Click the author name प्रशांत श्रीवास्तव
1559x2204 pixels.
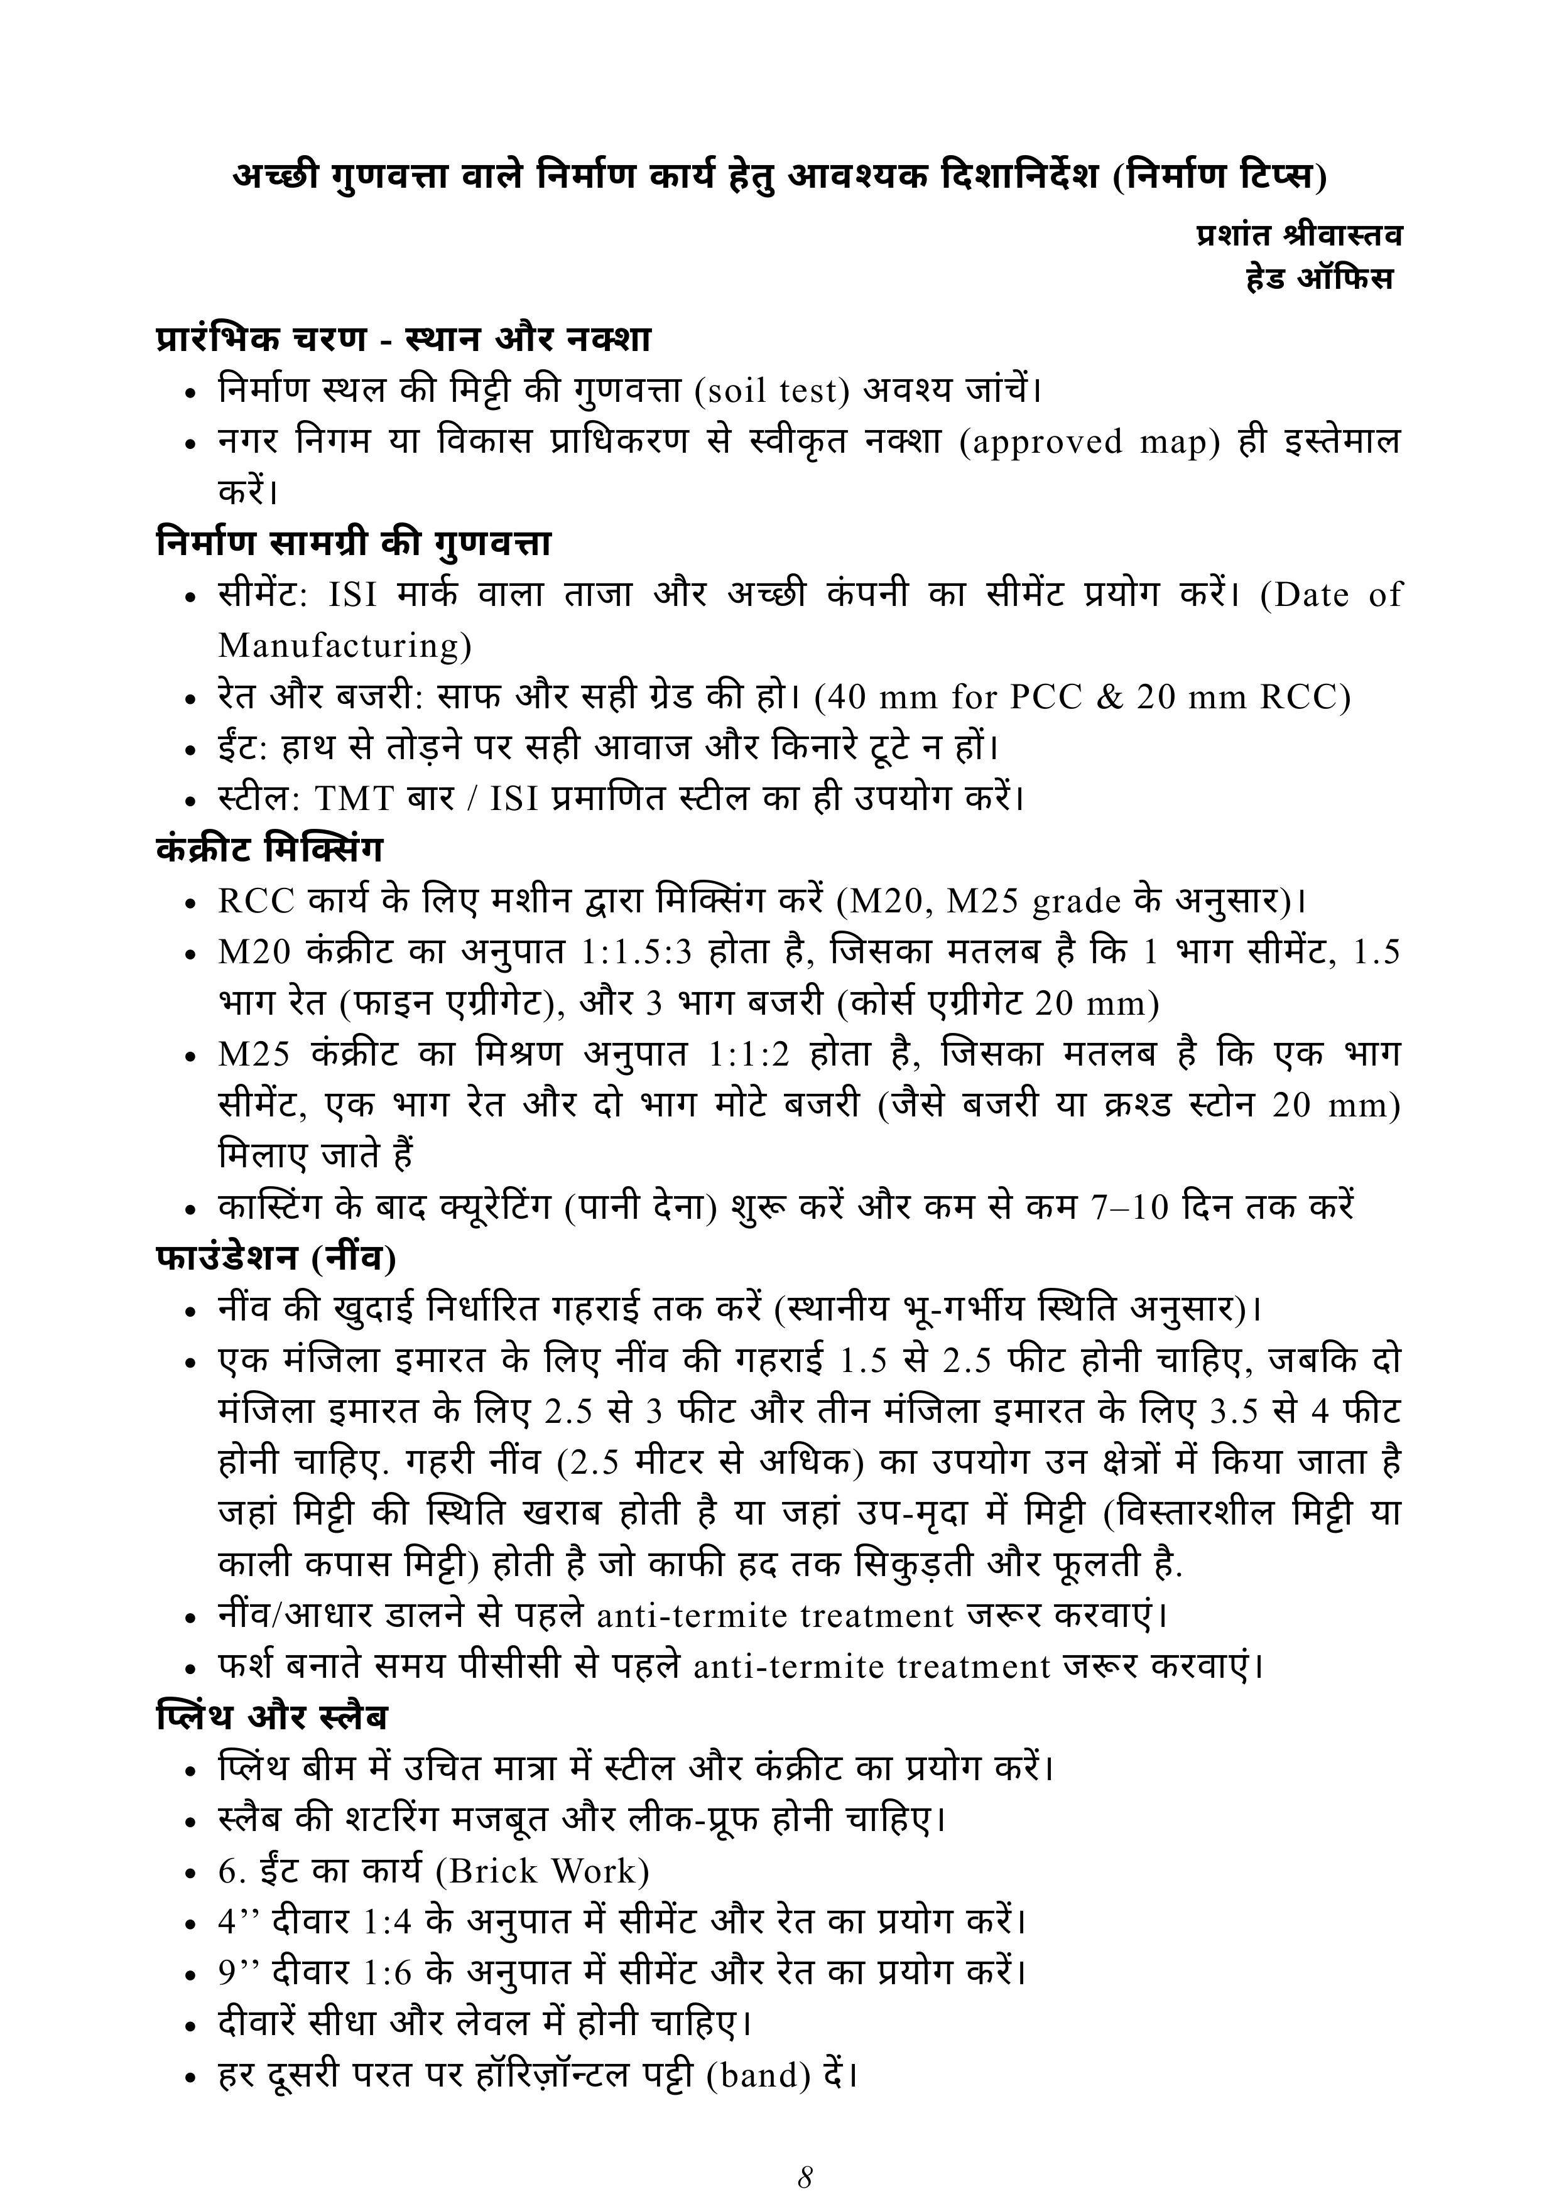click(1299, 234)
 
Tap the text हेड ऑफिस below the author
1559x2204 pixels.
click(1319, 279)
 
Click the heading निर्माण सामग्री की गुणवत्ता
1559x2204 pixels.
click(353, 543)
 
